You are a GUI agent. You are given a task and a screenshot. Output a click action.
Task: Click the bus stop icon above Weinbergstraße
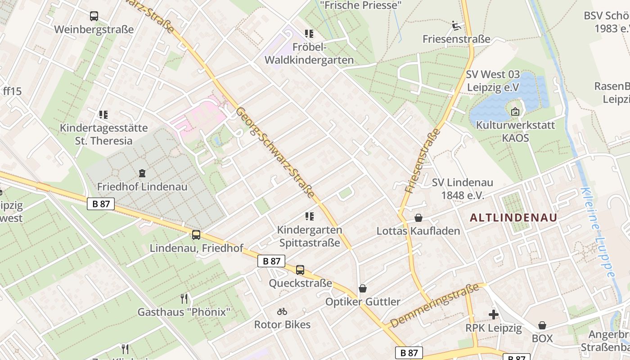[x=94, y=16]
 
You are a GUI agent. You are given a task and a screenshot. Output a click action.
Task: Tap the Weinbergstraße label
[x=94, y=30]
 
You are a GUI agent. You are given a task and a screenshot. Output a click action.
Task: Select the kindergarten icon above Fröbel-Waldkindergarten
[x=309, y=34]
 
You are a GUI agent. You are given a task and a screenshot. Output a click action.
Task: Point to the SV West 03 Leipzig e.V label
[x=493, y=81]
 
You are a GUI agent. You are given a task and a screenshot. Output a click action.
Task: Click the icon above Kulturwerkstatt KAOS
[x=515, y=111]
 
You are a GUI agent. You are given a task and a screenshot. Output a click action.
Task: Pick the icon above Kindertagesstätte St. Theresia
[x=103, y=115]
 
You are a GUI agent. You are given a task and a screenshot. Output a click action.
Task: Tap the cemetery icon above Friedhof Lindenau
[x=142, y=173]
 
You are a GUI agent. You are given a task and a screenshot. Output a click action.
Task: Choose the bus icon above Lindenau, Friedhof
[x=196, y=234]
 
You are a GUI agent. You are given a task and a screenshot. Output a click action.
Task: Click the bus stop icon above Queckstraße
[x=300, y=270]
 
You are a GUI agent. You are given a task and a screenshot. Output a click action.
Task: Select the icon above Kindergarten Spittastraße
[x=309, y=216]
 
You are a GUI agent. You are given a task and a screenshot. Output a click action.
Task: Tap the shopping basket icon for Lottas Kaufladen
[x=418, y=218]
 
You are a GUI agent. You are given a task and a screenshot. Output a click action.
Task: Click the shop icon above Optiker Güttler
[x=363, y=288]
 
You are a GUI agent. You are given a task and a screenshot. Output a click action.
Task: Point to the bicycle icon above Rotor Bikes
[x=282, y=311]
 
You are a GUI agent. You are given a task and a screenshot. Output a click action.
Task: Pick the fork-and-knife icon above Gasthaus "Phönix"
[x=184, y=298]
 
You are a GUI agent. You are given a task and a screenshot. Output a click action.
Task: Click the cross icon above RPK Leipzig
[x=494, y=315]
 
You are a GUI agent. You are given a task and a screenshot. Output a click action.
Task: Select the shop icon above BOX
[x=542, y=325]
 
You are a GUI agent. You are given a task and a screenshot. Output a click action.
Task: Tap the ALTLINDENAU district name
[x=513, y=218]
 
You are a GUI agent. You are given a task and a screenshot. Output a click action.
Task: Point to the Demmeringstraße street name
[x=434, y=306]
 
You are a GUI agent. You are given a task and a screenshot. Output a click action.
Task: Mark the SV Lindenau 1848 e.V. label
[x=462, y=189]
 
